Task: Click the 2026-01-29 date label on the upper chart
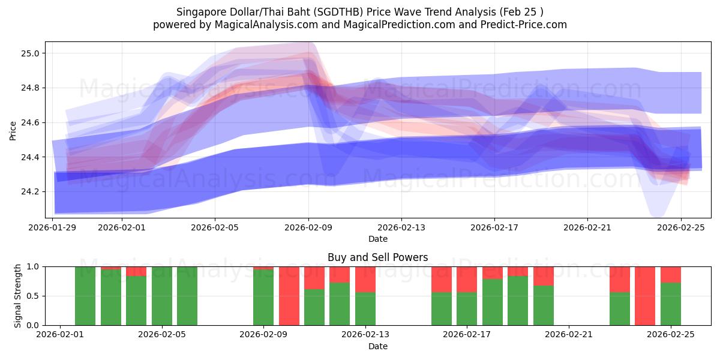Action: pyautogui.click(x=53, y=227)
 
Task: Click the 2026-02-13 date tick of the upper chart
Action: pyautogui.click(x=401, y=227)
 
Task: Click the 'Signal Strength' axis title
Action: pyautogui.click(x=18, y=295)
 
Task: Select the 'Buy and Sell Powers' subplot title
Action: pyautogui.click(x=377, y=257)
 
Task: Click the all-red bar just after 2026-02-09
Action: pyautogui.click(x=289, y=296)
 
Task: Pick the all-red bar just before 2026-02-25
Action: pyautogui.click(x=645, y=296)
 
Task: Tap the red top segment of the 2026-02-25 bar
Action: pyautogui.click(x=671, y=274)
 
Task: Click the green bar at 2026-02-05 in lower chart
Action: pyautogui.click(x=187, y=296)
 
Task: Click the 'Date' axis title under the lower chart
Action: pyautogui.click(x=377, y=346)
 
